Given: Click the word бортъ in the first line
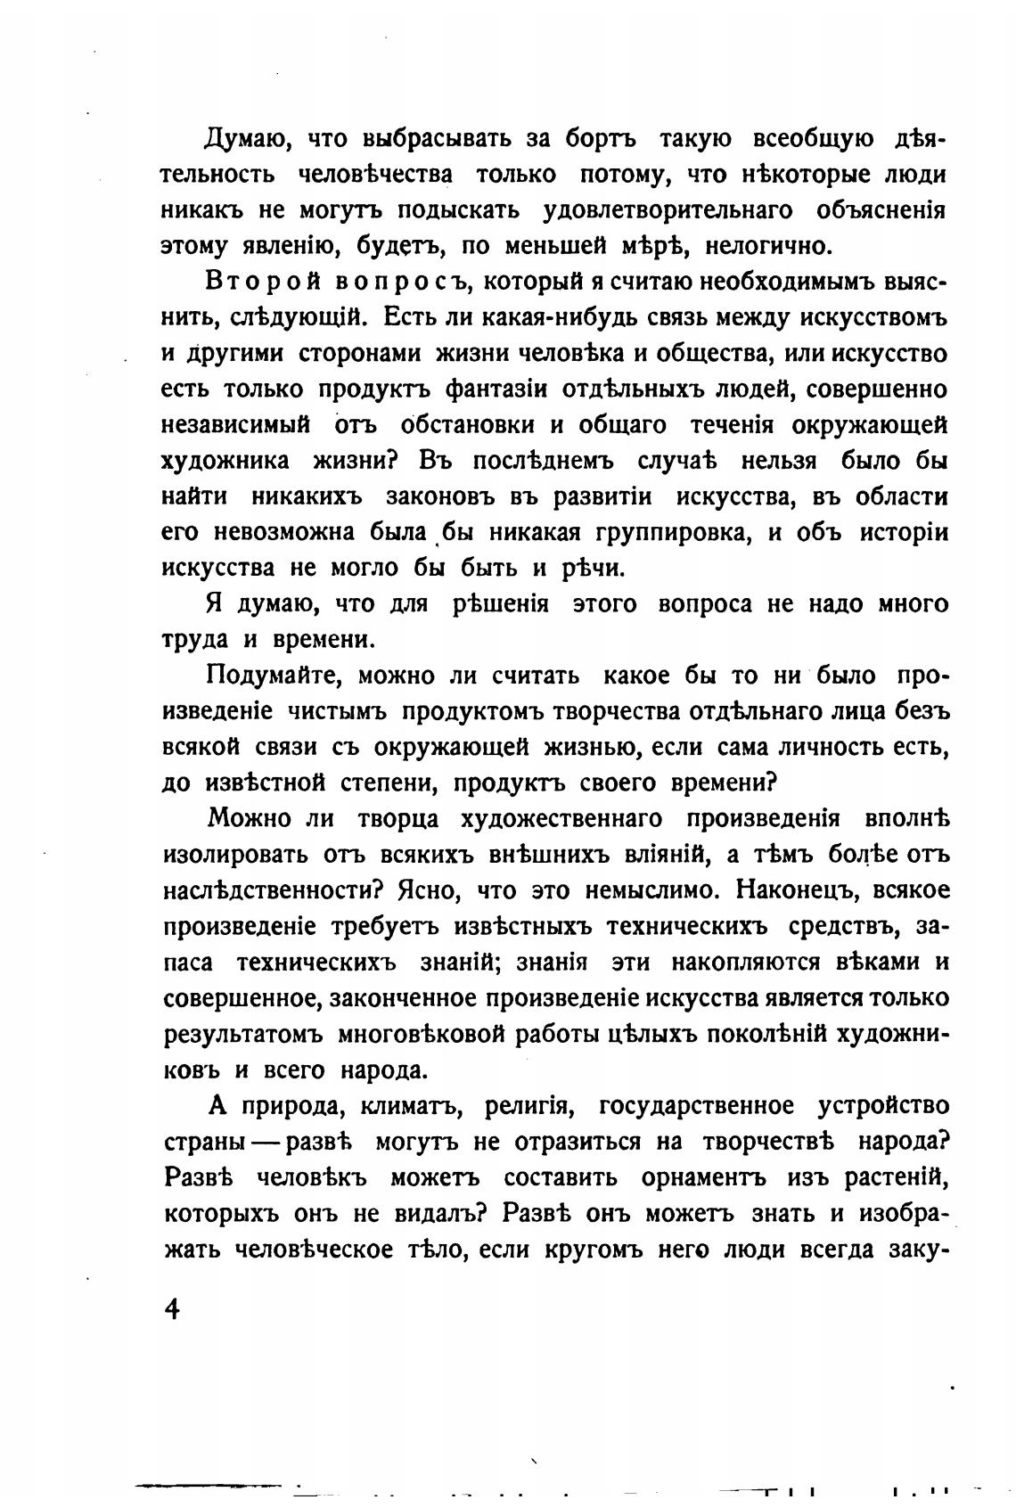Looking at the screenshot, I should (x=606, y=140).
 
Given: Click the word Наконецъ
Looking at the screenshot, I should (x=798, y=891).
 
